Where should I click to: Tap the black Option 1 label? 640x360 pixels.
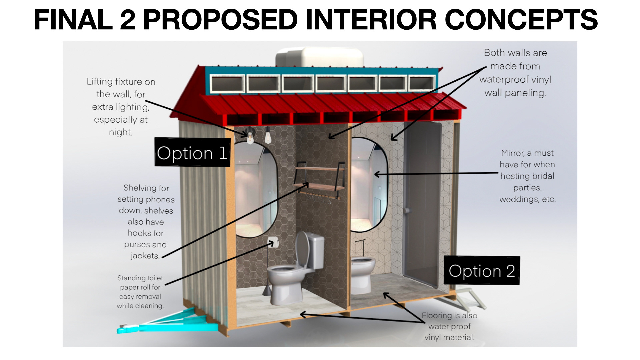[x=192, y=153]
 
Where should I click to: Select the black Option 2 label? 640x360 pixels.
[x=482, y=271]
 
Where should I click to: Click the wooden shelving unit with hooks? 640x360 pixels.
[x=319, y=180]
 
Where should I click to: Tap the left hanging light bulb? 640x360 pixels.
[x=250, y=137]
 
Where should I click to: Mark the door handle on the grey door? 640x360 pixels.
[x=406, y=210]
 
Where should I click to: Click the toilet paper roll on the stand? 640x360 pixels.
[x=273, y=242]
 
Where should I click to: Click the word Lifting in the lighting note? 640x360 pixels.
[x=100, y=82]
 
